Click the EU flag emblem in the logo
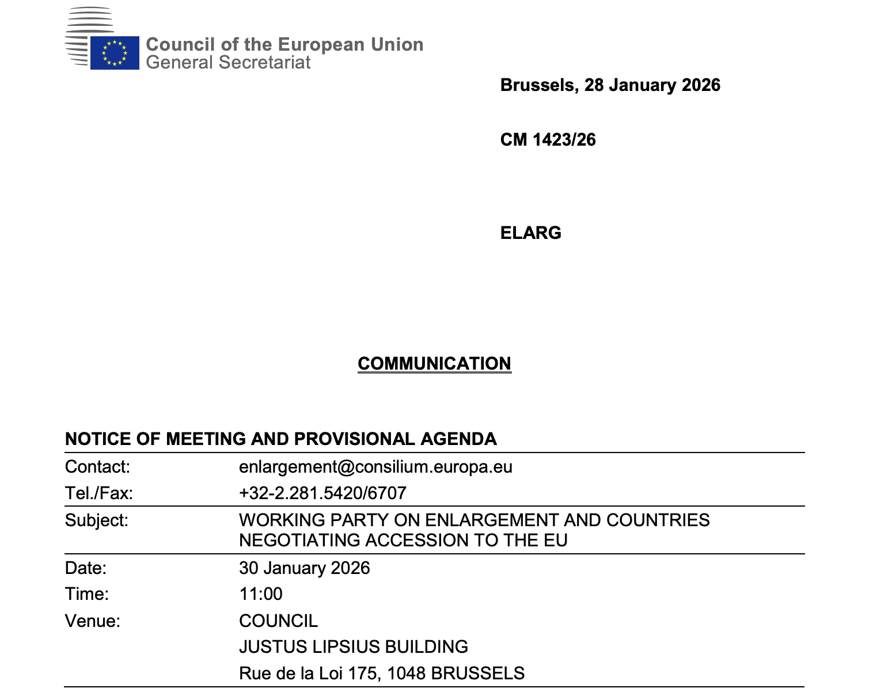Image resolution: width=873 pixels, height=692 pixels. (115, 52)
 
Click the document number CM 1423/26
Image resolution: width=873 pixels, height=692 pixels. (548, 140)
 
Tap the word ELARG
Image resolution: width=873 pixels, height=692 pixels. (530, 233)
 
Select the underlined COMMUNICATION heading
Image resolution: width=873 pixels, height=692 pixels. (434, 363)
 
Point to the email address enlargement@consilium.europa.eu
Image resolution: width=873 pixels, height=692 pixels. (375, 466)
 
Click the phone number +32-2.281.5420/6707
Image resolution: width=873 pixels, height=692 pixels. (322, 493)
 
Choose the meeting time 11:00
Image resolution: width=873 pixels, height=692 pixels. (261, 594)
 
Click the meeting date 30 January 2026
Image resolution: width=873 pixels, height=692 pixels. (304, 568)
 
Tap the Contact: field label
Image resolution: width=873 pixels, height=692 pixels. (97, 466)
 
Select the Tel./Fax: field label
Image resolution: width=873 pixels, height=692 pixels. (98, 493)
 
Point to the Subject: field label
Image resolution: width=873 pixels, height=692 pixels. (96, 520)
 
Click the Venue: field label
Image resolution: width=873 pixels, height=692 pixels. (92, 621)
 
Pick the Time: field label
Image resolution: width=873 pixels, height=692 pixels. (86, 594)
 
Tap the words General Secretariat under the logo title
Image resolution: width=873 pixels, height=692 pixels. (228, 62)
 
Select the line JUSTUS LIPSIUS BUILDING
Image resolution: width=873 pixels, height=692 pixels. (353, 647)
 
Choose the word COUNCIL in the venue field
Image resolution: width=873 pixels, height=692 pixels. (278, 621)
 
